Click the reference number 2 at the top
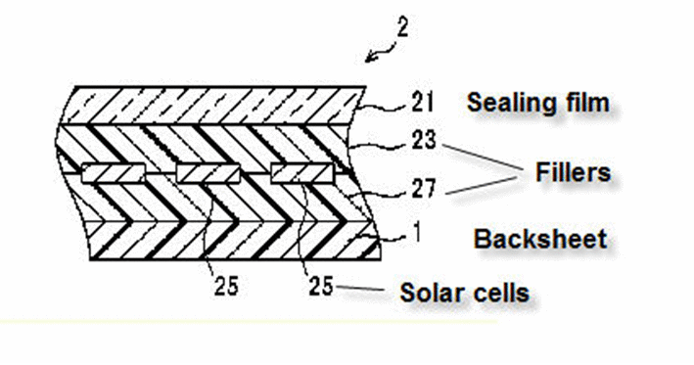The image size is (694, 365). pos(402,26)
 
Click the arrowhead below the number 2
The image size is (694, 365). pos(370,59)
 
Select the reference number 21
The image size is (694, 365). pos(422,102)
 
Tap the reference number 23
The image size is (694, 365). pos(424,139)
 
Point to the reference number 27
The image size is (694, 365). pos(424,189)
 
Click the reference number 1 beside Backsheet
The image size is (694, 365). pos(416,233)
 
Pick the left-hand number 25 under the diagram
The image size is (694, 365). pos(226,285)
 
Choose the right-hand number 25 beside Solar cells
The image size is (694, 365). pos(321,286)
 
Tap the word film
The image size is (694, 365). pos(588,102)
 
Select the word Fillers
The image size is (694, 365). pos(574,171)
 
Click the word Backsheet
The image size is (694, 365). pos(540,240)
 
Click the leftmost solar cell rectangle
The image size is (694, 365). pos(114,173)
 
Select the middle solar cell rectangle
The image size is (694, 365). pos(208,173)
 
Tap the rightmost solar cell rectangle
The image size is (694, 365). pos(301,173)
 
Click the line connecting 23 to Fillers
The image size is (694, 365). pos(484,159)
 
